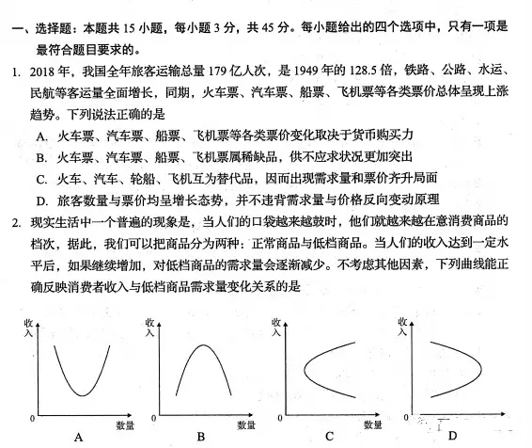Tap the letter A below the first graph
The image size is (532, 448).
78,436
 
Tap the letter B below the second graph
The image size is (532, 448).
201,436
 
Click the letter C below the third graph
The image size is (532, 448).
329,436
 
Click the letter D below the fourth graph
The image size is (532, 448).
453,436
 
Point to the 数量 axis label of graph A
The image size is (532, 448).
124,426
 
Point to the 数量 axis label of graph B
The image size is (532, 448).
247,426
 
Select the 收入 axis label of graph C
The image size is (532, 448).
275,328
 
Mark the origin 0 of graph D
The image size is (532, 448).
406,416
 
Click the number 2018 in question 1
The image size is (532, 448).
44,72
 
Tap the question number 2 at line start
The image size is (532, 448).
16,222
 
